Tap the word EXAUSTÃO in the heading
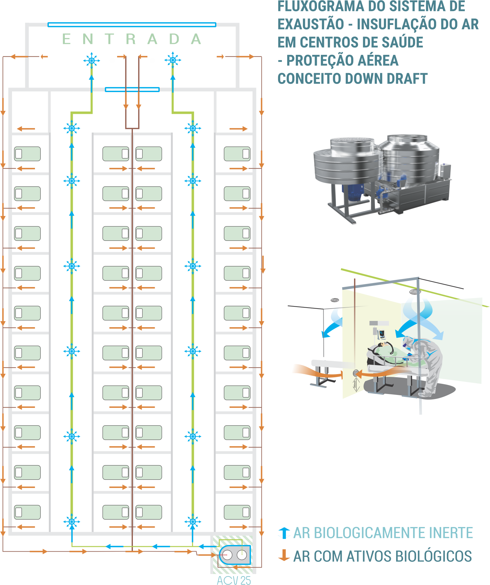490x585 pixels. (x=311, y=24)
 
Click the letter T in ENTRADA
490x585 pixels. (x=110, y=39)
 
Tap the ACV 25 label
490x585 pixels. (x=234, y=580)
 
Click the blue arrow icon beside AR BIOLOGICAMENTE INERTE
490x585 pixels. (x=284, y=533)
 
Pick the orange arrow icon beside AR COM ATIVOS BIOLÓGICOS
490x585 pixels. (x=284, y=555)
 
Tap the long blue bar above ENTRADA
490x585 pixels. (x=132, y=25)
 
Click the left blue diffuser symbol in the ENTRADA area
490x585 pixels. (x=92, y=60)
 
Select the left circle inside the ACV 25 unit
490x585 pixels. (x=227, y=555)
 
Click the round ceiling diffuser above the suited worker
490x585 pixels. (x=415, y=292)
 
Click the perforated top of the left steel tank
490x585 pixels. (x=352, y=141)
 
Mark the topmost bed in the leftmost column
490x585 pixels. (x=27, y=154)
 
